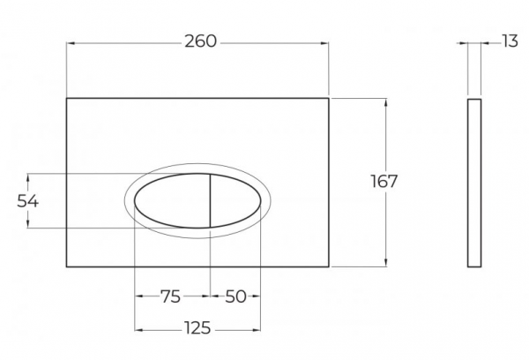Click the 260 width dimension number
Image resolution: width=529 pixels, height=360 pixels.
click(200, 41)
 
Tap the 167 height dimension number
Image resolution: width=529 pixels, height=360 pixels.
click(384, 182)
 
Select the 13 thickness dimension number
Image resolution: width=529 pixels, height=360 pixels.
click(510, 41)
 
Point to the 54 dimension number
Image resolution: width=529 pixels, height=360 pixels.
click(28, 201)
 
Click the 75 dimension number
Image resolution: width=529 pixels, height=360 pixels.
click(170, 296)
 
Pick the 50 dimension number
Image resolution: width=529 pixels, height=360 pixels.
click(235, 296)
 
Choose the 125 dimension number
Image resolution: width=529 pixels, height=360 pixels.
click(197, 328)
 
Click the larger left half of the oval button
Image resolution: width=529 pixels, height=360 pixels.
click(173, 201)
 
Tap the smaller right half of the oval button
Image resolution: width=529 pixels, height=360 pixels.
click(235, 201)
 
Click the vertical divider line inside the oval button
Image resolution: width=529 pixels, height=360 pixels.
click(210, 201)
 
